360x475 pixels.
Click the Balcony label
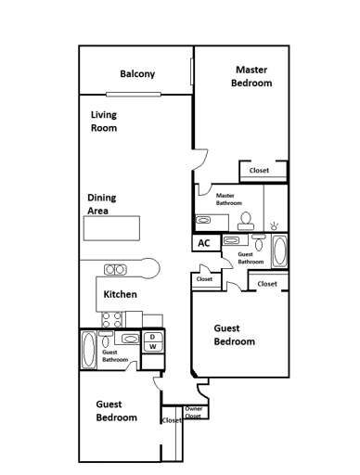click(136, 74)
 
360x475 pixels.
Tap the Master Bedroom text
click(252, 76)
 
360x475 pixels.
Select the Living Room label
click(103, 122)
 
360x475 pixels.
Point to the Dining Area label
click(101, 204)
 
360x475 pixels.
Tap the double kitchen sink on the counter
click(116, 269)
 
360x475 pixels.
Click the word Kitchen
click(121, 294)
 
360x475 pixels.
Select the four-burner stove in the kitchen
click(112, 318)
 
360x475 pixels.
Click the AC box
click(204, 242)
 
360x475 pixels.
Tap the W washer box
click(153, 346)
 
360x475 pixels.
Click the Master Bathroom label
click(231, 199)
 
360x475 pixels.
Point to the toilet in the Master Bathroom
click(247, 219)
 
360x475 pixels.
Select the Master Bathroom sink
click(204, 220)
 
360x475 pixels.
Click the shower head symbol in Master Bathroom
click(274, 225)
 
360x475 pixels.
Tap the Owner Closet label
click(194, 412)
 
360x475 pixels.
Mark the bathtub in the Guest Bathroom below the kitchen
click(88, 352)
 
